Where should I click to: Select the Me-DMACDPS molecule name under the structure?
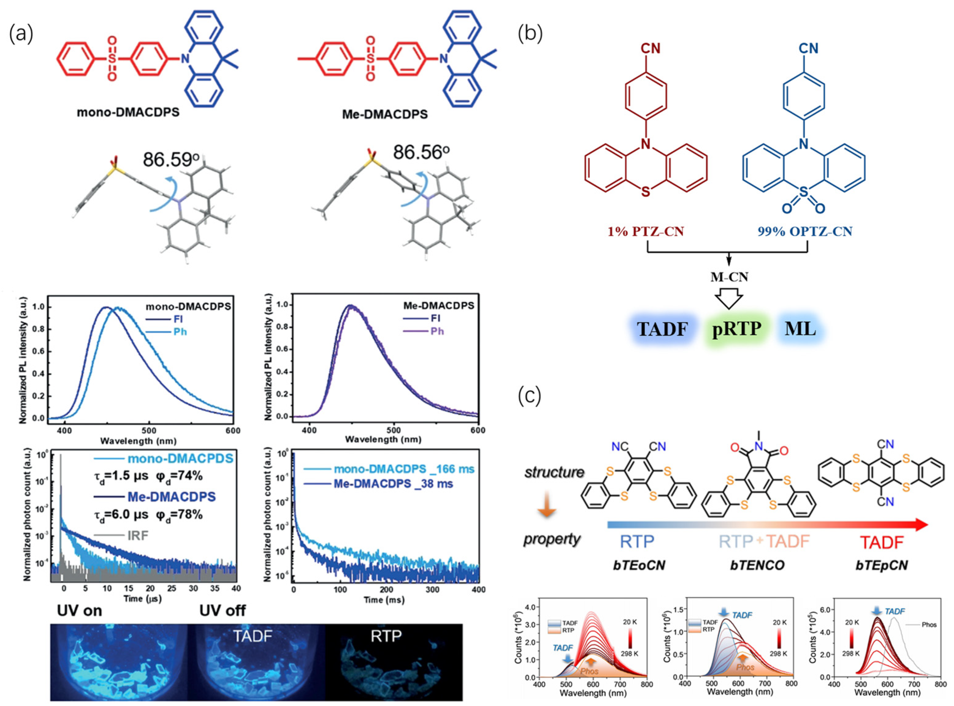tap(385, 114)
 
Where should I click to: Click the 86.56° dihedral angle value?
tap(421, 152)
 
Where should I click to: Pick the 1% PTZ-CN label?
tap(646, 232)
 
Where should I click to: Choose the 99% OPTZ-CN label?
tap(805, 232)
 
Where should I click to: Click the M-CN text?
tap(729, 277)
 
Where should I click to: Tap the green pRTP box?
tap(737, 329)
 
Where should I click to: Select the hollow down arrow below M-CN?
tap(729, 299)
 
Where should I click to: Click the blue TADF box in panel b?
tap(662, 329)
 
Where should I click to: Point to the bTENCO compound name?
tap(757, 565)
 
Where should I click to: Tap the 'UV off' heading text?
tap(222, 610)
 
